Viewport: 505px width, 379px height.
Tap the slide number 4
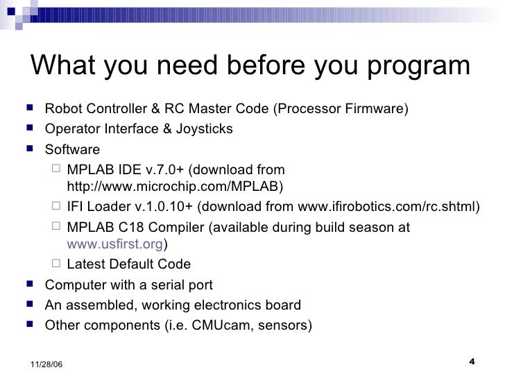coord(472,360)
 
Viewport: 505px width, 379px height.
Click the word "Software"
coord(72,149)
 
